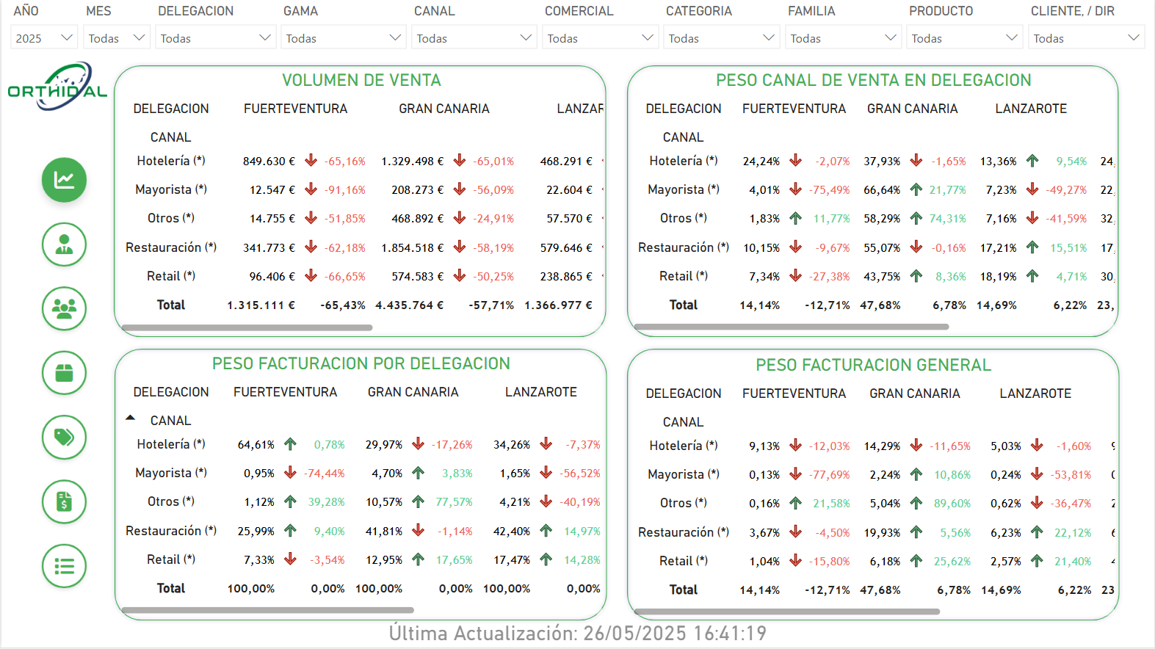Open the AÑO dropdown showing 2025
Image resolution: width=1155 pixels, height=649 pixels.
44,38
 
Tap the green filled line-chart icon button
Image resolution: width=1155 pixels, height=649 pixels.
64,180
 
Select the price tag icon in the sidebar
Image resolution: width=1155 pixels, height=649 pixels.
64,438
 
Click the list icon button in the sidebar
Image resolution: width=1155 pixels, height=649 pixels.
64,566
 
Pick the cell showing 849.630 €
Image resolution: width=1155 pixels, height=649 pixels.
269,162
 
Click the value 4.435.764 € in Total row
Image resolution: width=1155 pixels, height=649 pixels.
410,305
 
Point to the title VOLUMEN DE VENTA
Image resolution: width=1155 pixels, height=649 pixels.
361,81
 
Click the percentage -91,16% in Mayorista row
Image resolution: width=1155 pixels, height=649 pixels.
344,190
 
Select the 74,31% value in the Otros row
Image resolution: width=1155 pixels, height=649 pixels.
947,219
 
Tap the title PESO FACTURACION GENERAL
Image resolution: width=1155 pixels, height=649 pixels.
873,366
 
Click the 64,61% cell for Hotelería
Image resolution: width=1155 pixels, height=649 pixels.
256,445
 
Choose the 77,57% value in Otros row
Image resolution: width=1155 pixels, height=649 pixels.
454,502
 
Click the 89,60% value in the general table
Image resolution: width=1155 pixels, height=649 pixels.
952,504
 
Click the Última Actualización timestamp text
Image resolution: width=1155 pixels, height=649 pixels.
577,634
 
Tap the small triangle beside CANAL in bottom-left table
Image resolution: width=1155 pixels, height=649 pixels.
130,418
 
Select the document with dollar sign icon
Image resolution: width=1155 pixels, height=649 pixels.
64,502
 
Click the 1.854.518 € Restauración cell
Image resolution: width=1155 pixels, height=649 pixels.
412,248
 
